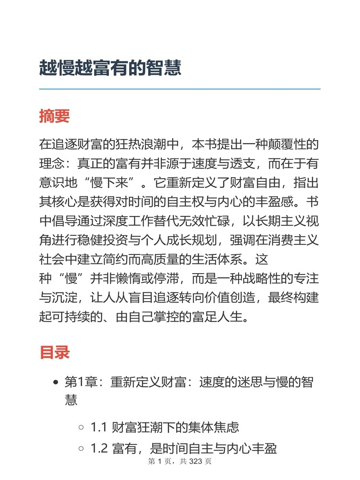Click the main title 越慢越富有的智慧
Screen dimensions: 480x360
pos(110,68)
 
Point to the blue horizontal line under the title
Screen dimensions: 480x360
pos(180,89)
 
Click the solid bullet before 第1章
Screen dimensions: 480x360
pos(56,383)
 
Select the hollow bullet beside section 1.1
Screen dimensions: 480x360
pos(81,427)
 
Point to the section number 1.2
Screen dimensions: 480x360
pos(98,449)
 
